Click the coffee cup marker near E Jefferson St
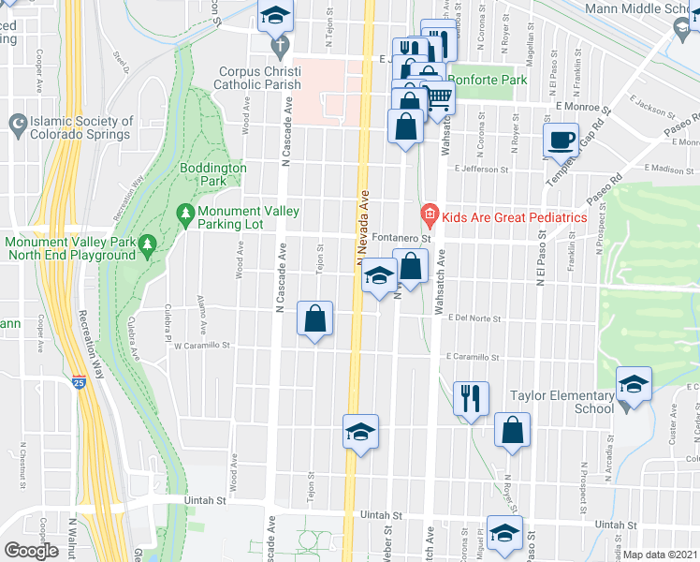561,140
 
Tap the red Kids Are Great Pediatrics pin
430,216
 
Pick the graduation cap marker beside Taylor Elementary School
634,384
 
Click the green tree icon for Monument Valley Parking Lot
185,216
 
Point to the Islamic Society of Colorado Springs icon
17,123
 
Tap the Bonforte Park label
487,80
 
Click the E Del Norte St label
478,318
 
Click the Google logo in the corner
31,551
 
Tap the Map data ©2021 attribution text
660,555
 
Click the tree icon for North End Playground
146,246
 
